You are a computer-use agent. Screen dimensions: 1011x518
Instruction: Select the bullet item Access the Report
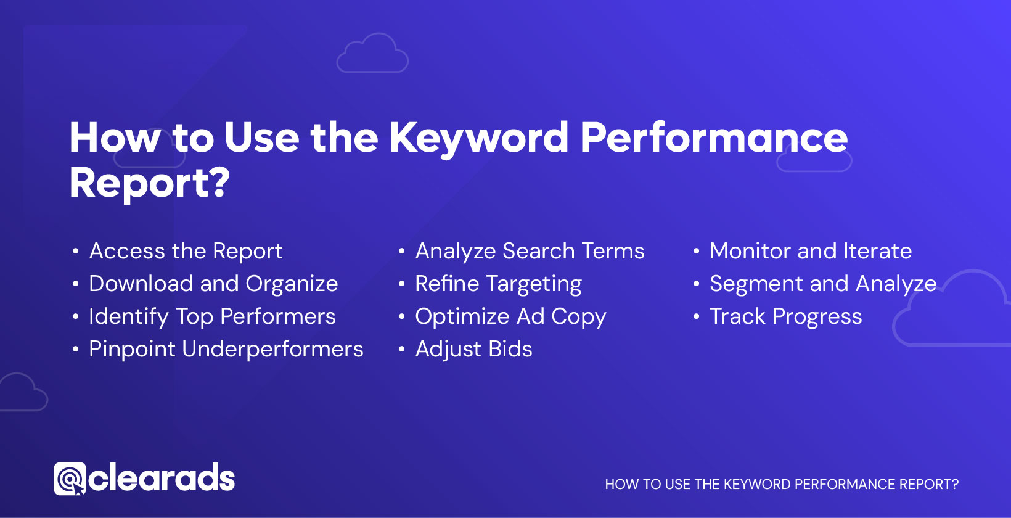(186, 251)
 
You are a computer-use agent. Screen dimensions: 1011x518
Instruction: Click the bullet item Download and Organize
(213, 284)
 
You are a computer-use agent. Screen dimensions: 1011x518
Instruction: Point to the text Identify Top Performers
(212, 316)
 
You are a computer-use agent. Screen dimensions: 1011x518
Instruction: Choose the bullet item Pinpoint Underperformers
(226, 349)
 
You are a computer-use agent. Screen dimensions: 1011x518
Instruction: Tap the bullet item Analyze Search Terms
(530, 251)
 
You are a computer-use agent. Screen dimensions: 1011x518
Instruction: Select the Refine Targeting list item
(498, 284)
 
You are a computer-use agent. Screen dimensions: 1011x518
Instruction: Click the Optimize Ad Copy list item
(510, 316)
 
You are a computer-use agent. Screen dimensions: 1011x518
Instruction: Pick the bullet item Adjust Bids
(473, 349)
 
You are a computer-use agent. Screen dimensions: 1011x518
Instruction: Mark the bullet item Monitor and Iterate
(810, 251)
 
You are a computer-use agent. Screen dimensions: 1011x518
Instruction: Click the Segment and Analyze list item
(823, 284)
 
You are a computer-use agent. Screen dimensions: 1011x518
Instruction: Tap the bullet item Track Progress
(785, 316)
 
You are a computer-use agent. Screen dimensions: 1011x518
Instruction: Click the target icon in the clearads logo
(70, 479)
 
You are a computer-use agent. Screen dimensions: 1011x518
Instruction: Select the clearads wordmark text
(162, 477)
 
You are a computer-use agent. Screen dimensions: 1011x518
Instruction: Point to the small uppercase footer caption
(781, 485)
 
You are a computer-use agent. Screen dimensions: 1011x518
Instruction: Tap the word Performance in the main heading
(714, 138)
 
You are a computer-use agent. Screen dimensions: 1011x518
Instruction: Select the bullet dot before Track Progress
(696, 316)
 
